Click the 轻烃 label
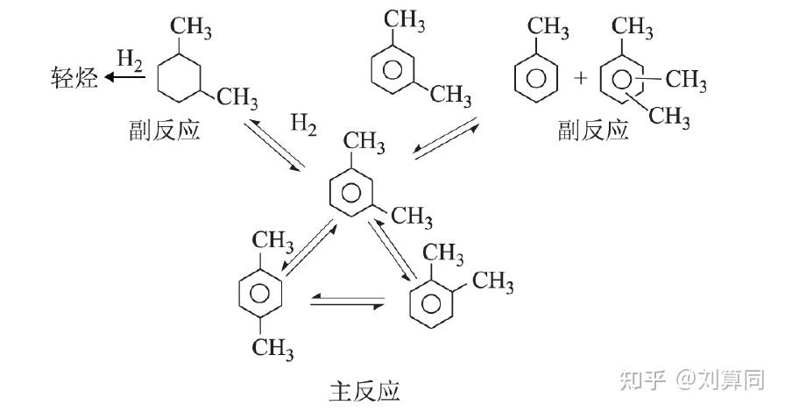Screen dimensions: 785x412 (x=74, y=78)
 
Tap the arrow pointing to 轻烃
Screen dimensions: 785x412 (x=124, y=77)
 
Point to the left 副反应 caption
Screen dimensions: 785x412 (x=165, y=130)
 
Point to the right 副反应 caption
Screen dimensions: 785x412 (x=593, y=130)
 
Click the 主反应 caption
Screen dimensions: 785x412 (x=365, y=391)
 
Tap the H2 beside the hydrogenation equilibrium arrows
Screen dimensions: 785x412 (x=303, y=124)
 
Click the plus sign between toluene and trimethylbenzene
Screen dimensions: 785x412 (x=581, y=78)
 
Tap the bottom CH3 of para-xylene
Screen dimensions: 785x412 (x=272, y=347)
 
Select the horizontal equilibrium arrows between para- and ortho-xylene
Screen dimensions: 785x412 (x=348, y=302)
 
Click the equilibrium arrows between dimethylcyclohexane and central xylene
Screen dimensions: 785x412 (x=274, y=145)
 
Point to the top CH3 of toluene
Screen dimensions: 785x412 (x=548, y=27)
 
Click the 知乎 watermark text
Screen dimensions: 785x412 (x=643, y=381)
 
